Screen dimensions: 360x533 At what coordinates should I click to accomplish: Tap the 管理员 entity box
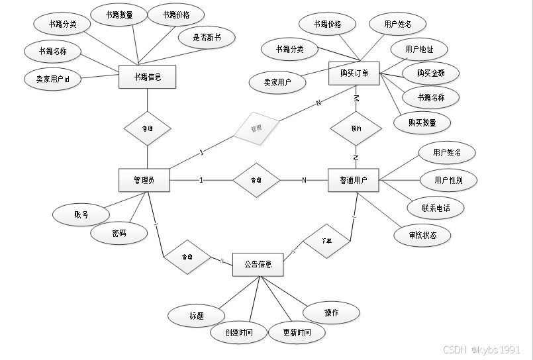click(144, 180)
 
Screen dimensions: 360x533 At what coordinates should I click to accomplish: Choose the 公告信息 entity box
click(258, 265)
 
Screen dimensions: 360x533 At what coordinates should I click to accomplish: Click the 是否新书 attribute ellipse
click(206, 38)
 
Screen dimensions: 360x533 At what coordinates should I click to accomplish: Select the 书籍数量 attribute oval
click(121, 15)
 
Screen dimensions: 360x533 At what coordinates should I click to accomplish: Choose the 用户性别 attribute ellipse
click(448, 179)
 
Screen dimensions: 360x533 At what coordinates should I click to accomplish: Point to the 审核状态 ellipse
click(422, 235)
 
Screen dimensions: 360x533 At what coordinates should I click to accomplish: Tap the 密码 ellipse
click(119, 233)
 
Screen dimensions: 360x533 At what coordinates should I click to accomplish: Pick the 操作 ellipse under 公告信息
click(332, 312)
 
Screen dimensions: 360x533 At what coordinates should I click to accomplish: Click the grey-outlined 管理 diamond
click(256, 128)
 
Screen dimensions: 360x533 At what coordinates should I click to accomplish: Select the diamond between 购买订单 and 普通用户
click(356, 128)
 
